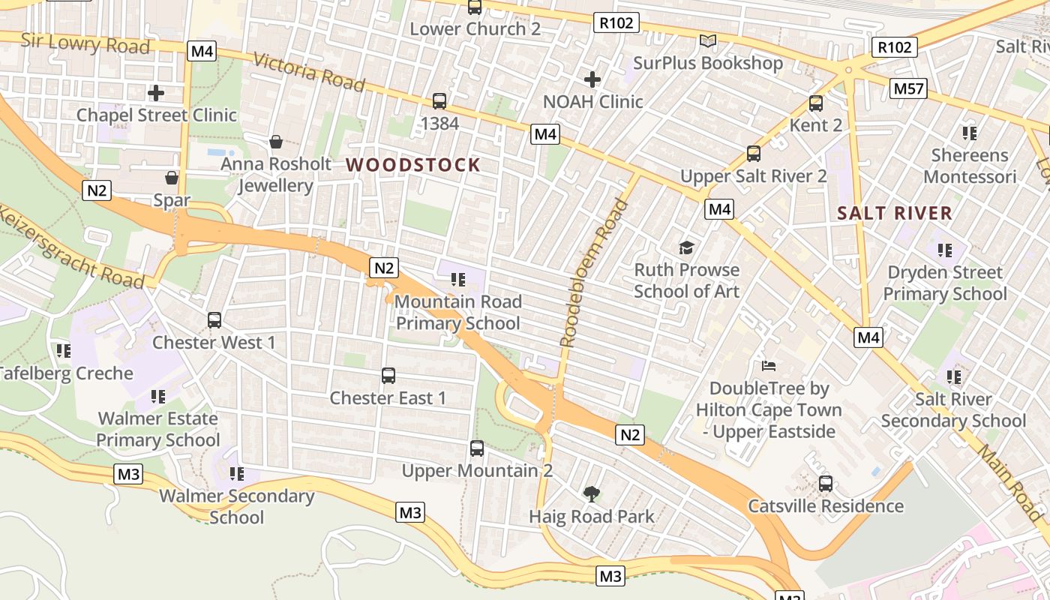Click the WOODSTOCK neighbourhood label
[x=412, y=165]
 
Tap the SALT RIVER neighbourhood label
[x=895, y=213]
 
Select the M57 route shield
[x=909, y=89]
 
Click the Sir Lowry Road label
[x=85, y=43]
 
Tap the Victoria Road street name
[x=309, y=71]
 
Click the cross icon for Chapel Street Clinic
[x=156, y=93]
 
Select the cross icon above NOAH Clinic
[x=592, y=79]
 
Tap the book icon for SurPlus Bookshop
[x=707, y=40]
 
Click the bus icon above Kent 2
[x=816, y=103]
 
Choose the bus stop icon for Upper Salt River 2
[x=754, y=154]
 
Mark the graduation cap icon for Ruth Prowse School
[x=686, y=247]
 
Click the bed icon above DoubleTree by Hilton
[x=769, y=366]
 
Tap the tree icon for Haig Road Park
[x=592, y=493]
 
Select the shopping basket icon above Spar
[x=172, y=178]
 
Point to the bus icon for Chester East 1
[x=388, y=376]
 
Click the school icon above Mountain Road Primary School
[x=457, y=280]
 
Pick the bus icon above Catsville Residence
[x=826, y=483]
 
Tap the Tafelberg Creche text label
[x=66, y=373]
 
